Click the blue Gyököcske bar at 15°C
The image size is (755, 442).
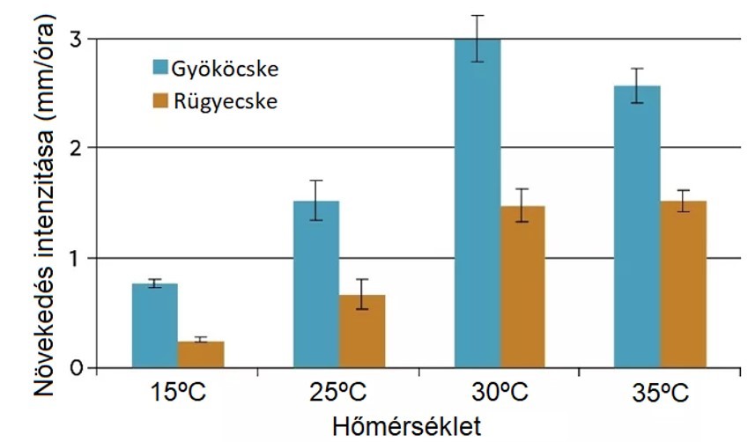pyautogui.click(x=154, y=325)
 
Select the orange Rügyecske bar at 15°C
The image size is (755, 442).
pyautogui.click(x=201, y=354)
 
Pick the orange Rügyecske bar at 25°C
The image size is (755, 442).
pyautogui.click(x=362, y=331)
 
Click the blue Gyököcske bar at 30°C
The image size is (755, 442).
pyautogui.click(x=477, y=203)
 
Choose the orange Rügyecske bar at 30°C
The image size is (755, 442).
pyautogui.click(x=523, y=286)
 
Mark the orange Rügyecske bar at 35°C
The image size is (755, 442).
pyautogui.click(x=684, y=284)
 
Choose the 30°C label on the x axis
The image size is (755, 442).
pyautogui.click(x=500, y=393)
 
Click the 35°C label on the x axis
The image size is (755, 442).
pyautogui.click(x=661, y=393)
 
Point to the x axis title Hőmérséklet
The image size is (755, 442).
pyautogui.click(x=406, y=426)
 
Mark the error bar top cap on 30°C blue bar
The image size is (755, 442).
pyautogui.click(x=477, y=16)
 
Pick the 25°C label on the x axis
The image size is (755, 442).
pyautogui.click(x=338, y=393)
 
